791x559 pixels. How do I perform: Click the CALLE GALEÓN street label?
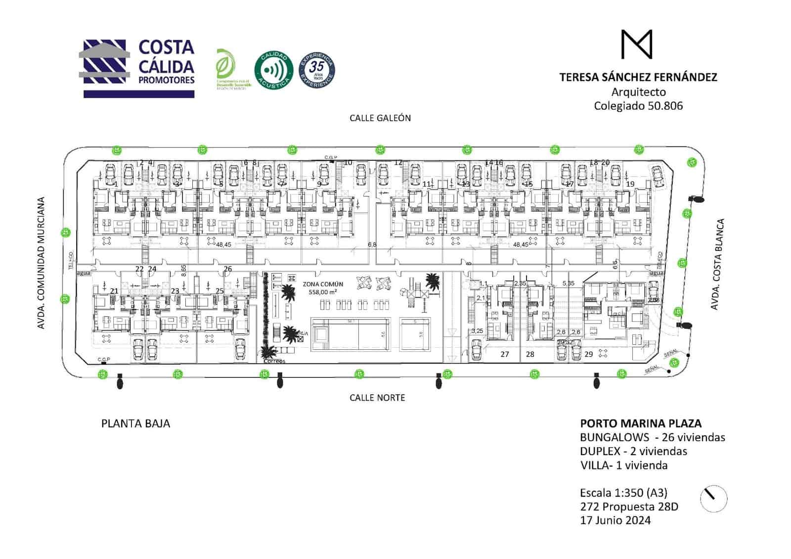pyautogui.click(x=380, y=118)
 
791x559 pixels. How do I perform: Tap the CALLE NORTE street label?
pyautogui.click(x=377, y=398)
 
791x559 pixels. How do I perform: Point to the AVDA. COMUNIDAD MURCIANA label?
pyautogui.click(x=41, y=263)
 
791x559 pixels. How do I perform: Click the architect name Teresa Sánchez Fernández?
pyautogui.click(x=638, y=77)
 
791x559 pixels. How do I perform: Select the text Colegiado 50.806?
pyautogui.click(x=638, y=105)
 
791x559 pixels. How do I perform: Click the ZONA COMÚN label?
pyautogui.click(x=323, y=284)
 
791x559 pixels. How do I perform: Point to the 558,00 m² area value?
pyautogui.click(x=323, y=292)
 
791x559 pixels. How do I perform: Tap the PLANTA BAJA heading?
pyautogui.click(x=135, y=423)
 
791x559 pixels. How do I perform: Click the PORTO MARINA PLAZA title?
pyautogui.click(x=641, y=423)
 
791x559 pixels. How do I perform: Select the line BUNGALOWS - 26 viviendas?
pyautogui.click(x=653, y=437)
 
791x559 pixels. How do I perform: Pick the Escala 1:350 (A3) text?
pyautogui.click(x=623, y=493)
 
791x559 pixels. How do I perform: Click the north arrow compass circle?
pyautogui.click(x=713, y=498)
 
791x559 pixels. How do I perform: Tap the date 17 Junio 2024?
pyautogui.click(x=615, y=520)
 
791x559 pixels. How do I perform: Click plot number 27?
pyautogui.click(x=504, y=354)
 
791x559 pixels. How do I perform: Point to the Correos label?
pyautogui.click(x=274, y=361)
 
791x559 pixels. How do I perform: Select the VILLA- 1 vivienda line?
pyautogui.click(x=624, y=466)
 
